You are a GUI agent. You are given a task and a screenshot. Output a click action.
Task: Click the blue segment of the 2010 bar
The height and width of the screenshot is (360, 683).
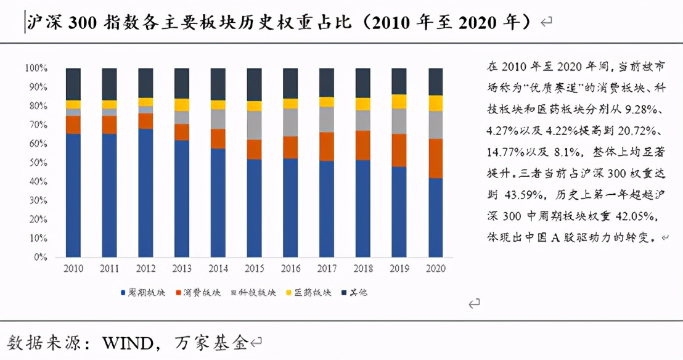tap(73, 195)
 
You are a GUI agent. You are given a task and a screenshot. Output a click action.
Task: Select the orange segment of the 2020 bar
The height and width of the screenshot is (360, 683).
tap(436, 158)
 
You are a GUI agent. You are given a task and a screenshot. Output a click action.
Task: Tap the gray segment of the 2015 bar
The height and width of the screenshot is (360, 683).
tap(255, 125)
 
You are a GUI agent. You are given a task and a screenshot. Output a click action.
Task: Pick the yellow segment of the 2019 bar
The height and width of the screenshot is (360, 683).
tap(399, 102)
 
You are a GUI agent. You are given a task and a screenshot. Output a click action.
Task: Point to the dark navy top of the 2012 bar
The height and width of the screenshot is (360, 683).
tap(146, 83)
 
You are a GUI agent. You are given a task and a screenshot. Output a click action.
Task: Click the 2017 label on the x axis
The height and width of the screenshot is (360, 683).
tap(327, 269)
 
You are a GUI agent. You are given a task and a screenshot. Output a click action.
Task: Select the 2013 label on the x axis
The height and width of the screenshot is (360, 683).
tap(182, 269)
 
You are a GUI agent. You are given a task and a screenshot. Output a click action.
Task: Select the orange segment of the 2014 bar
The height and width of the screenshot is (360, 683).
tap(218, 139)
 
